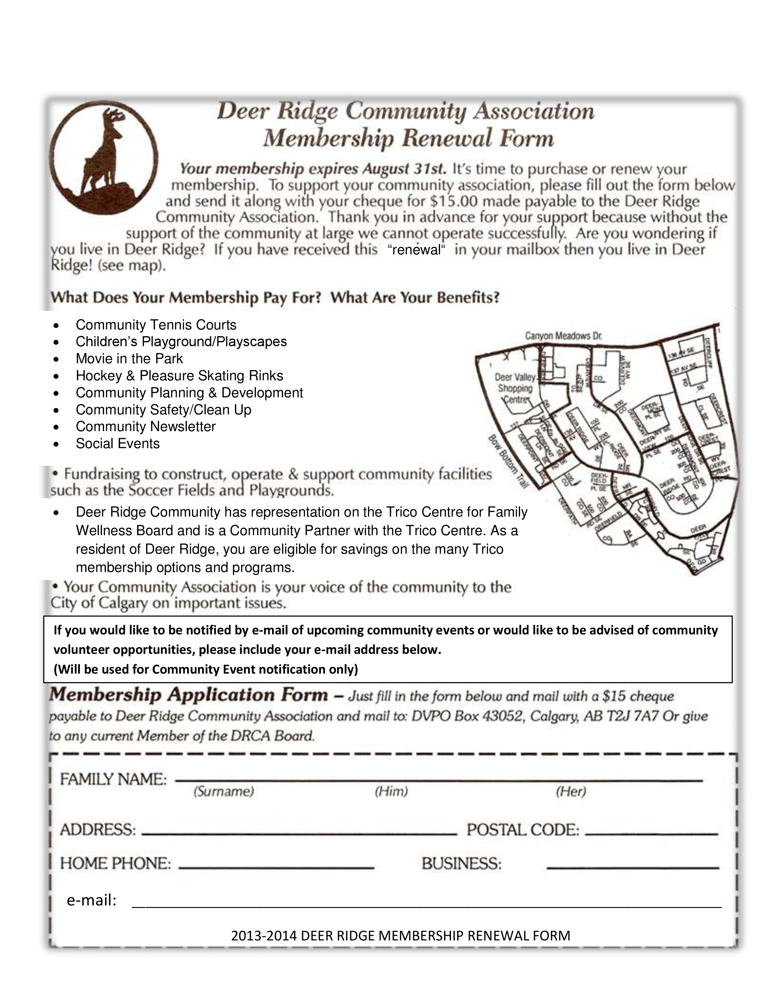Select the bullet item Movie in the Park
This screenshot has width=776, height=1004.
[129, 359]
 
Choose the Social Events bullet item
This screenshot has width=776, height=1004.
[118, 444]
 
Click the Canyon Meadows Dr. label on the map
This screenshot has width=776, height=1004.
[564, 336]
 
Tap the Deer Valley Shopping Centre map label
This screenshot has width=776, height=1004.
[515, 389]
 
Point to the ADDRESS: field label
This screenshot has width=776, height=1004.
[98, 830]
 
